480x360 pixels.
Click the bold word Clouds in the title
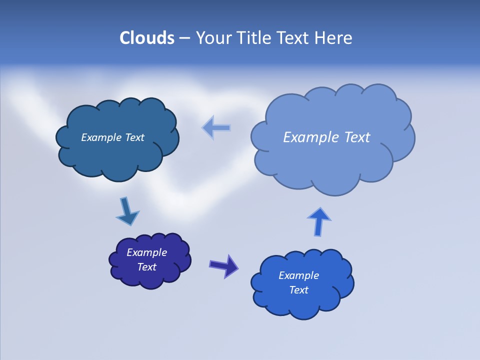pyautogui.click(x=147, y=38)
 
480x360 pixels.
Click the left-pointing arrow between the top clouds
pyautogui.click(x=216, y=127)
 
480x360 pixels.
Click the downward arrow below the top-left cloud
pyautogui.click(x=127, y=211)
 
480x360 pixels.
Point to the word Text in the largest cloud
pyautogui.click(x=357, y=137)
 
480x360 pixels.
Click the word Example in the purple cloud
pyautogui.click(x=146, y=252)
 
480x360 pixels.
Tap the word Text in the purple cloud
pyautogui.click(x=146, y=267)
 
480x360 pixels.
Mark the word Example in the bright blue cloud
pyautogui.click(x=298, y=275)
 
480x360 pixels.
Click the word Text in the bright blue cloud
pyautogui.click(x=298, y=290)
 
